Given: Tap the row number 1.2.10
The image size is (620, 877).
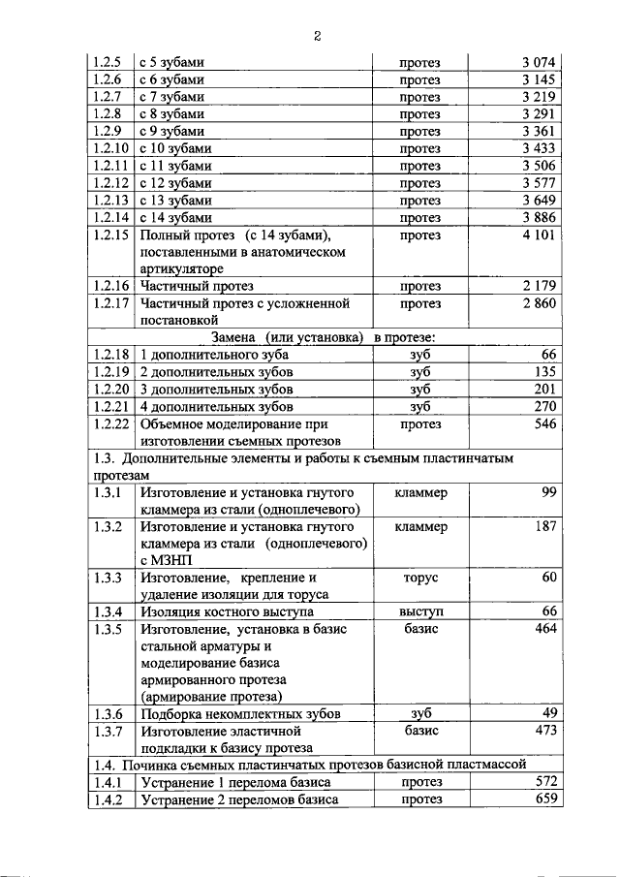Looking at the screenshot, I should point(109,148).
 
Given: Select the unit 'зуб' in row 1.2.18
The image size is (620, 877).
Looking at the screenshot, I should point(419,355).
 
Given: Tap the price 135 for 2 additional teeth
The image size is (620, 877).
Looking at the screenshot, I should point(545,372).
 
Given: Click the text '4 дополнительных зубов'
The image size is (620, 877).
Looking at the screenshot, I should point(216,407).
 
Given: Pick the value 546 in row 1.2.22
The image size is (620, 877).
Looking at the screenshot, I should point(545,424).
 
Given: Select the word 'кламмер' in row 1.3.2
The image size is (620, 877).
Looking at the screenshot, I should point(420,527).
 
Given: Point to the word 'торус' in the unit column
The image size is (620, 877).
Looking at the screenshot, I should point(419,578).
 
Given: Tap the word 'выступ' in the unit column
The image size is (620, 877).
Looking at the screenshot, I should point(420,611).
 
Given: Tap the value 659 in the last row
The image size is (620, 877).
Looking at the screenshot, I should point(545,799).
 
